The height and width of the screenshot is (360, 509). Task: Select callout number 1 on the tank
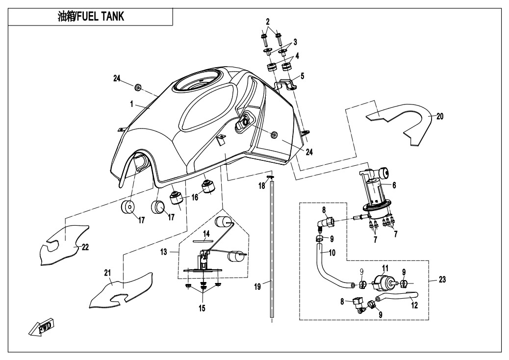pos(132,104)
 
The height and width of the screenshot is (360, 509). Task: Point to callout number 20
pos(439,116)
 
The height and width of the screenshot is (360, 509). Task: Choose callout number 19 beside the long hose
pos(264,282)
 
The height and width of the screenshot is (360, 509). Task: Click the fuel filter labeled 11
pos(383,282)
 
